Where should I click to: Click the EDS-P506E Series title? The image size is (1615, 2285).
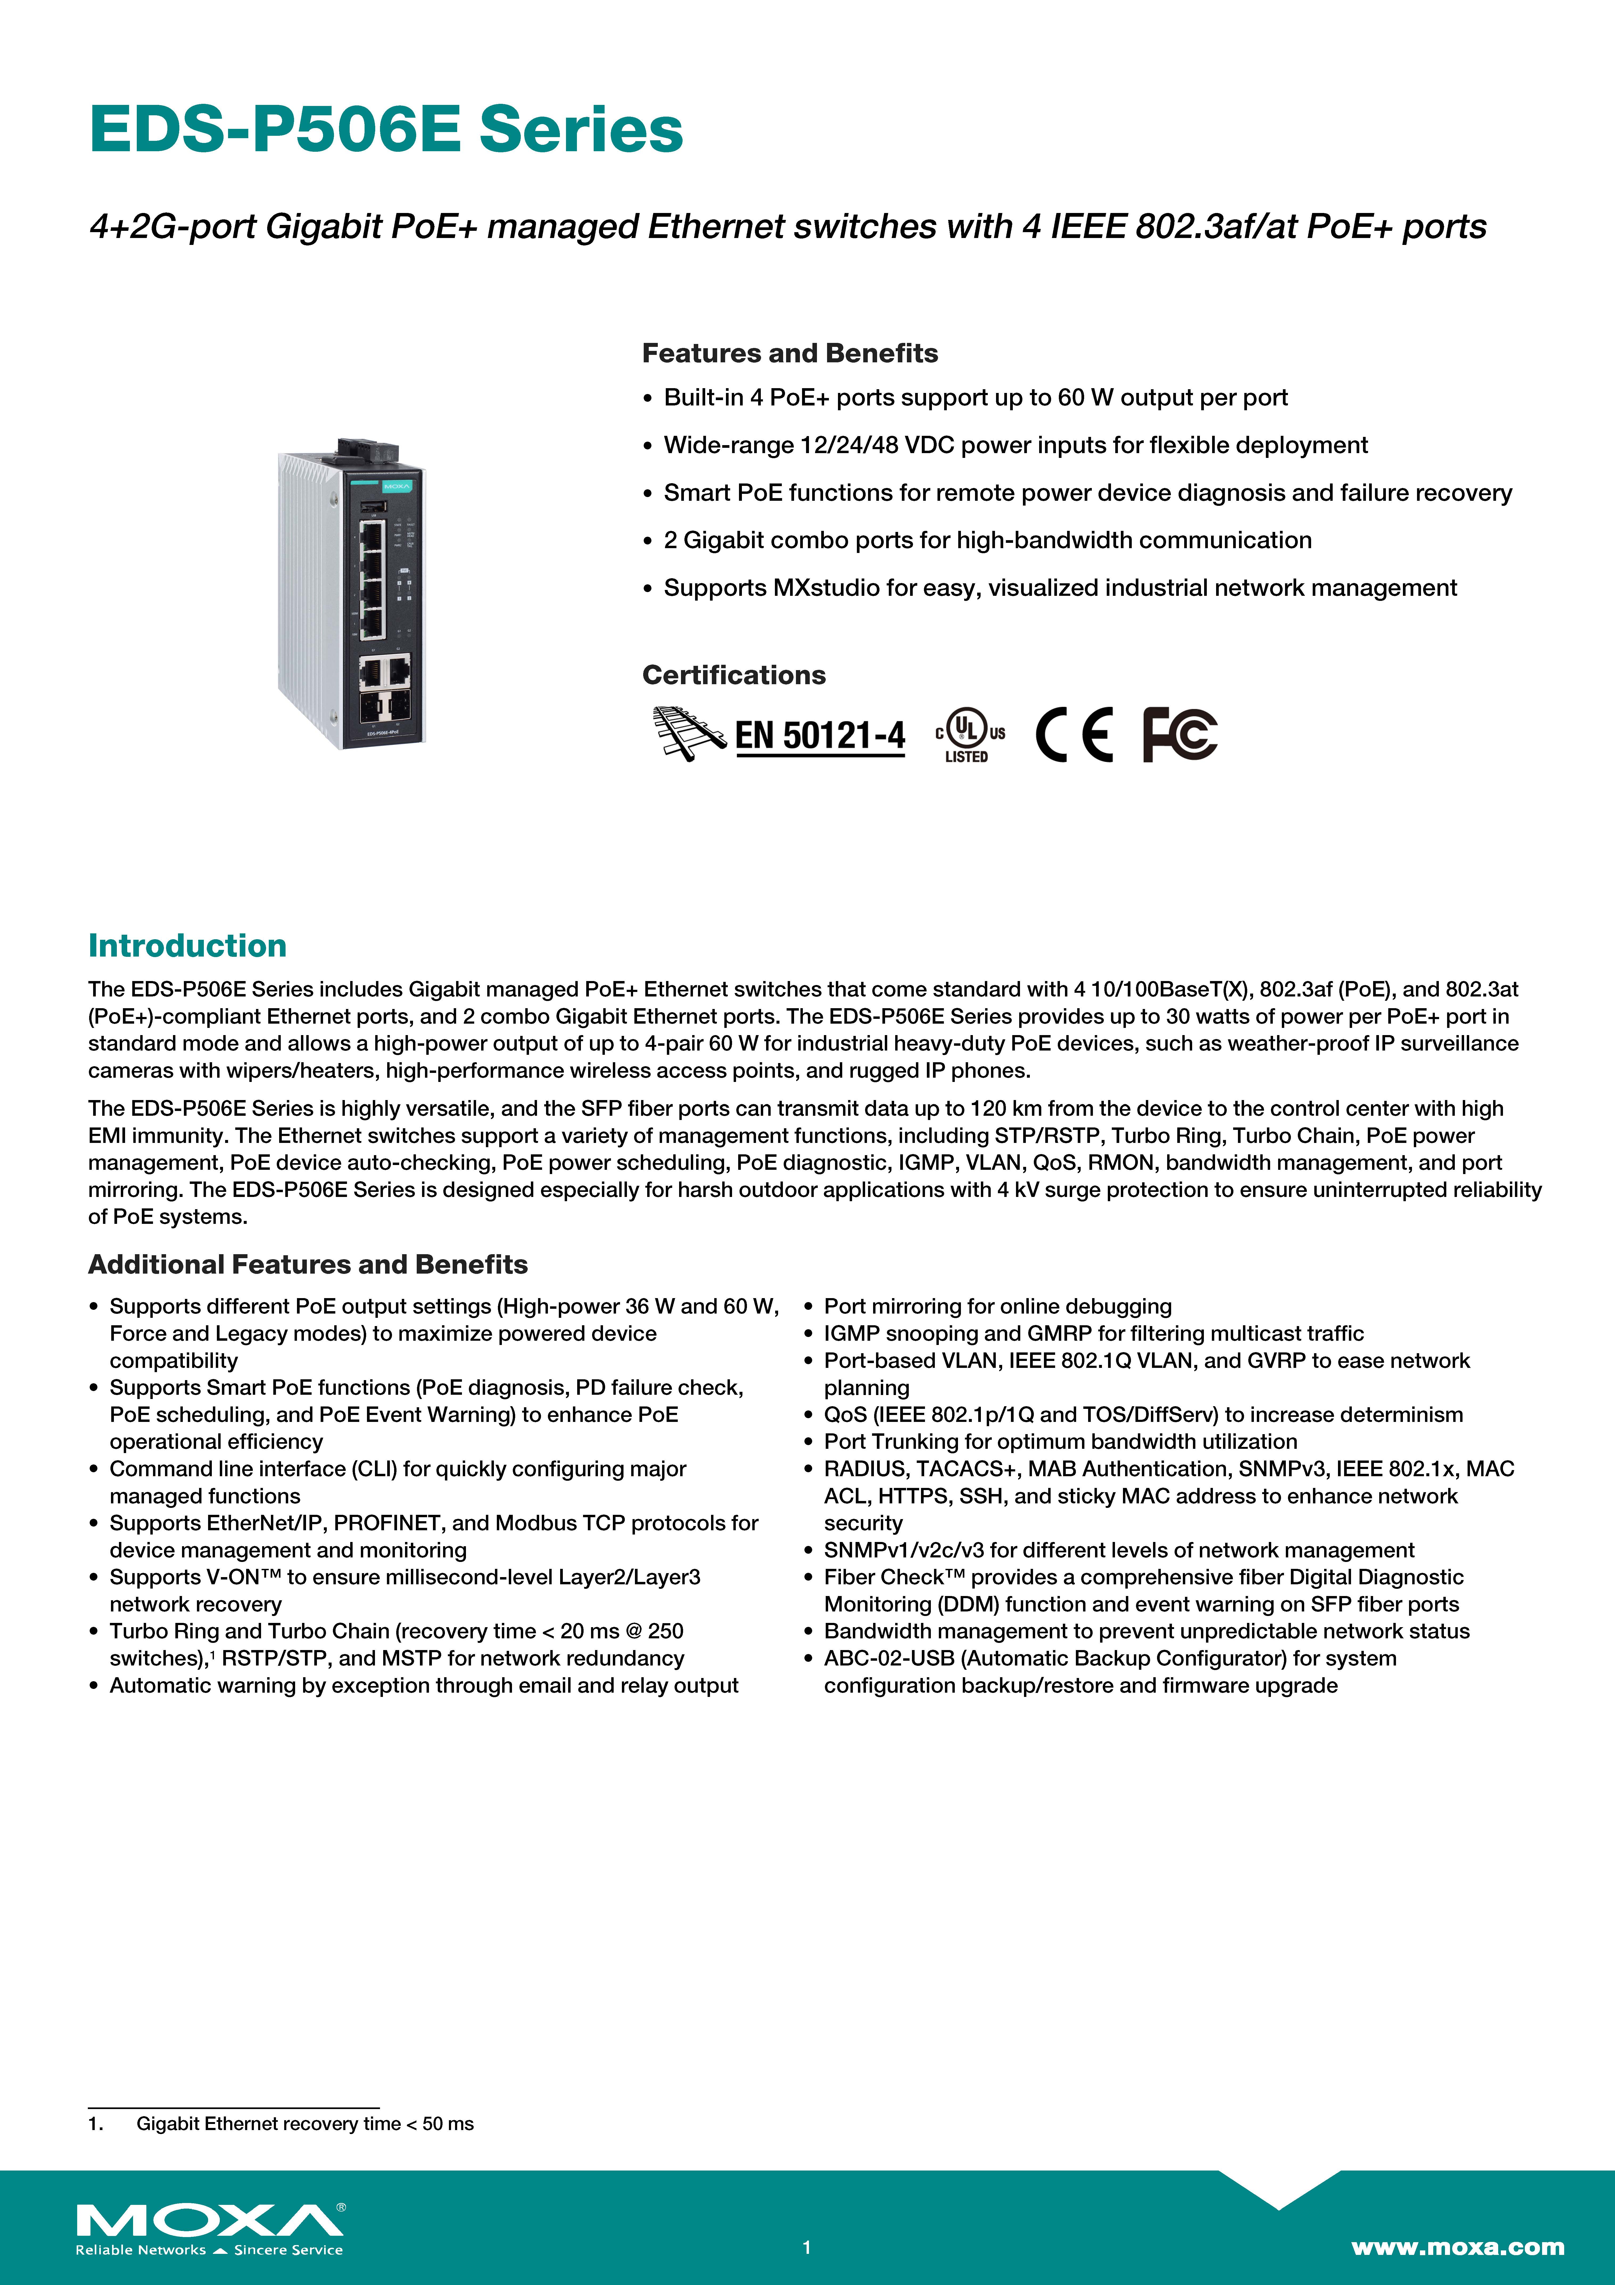386,129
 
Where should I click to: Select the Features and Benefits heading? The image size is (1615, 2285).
789,353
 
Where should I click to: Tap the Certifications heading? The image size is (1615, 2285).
733,675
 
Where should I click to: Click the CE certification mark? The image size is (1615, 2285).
1075,735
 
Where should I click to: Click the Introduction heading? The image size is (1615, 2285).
187,945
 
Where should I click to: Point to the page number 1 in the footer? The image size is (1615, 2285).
807,2247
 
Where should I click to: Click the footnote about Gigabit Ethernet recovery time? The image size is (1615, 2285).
304,2124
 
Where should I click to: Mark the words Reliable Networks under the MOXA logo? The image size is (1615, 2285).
140,2250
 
